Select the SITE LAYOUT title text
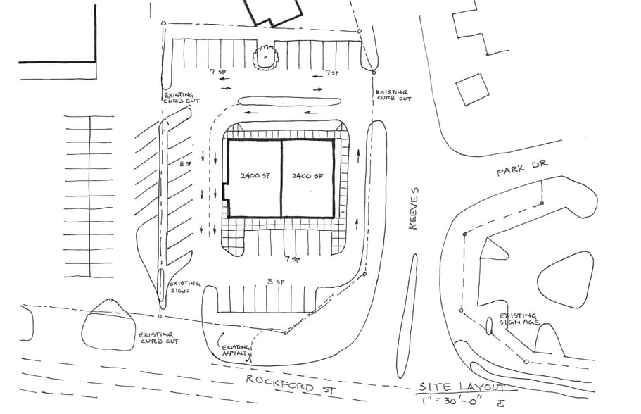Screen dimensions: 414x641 [x=462, y=387]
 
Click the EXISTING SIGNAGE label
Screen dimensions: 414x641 [x=519, y=320]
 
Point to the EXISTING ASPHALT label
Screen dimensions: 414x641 [x=236, y=352]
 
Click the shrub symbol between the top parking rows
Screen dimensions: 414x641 [x=265, y=56]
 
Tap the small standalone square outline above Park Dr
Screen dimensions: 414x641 [x=472, y=89]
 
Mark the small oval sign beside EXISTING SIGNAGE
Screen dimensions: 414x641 [x=488, y=325]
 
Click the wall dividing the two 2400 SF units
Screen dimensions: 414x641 [x=281, y=177]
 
